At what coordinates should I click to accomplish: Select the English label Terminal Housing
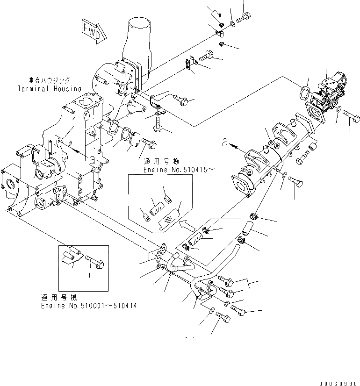tap(50, 89)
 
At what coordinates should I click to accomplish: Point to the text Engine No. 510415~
tap(180, 171)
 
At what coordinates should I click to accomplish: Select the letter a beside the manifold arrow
tap(225, 143)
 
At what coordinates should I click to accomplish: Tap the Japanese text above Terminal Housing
tap(49, 80)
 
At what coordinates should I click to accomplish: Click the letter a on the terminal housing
tap(93, 159)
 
